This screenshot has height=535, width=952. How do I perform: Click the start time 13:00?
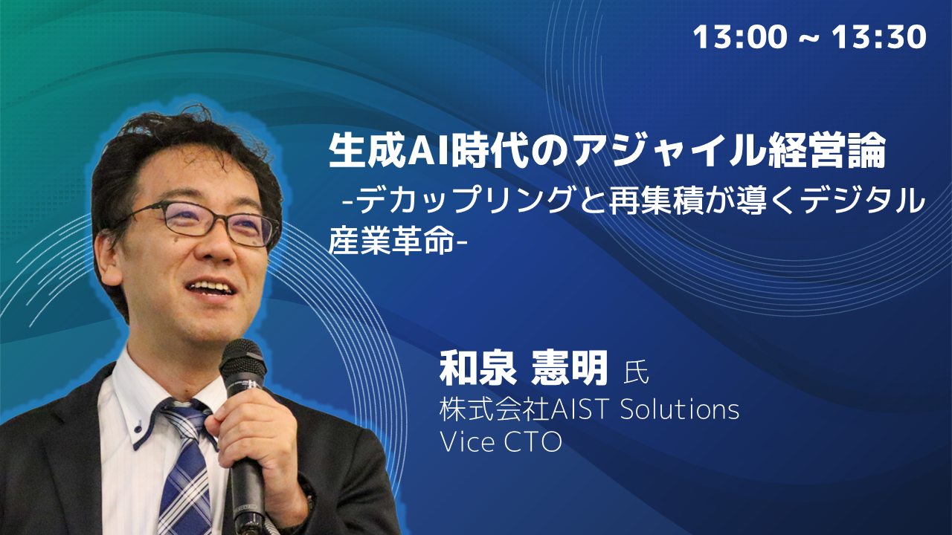[740, 36]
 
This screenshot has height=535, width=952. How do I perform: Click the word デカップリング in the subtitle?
[463, 201]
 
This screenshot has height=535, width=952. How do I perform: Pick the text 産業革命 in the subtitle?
[391, 241]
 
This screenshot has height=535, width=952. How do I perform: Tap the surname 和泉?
[478, 368]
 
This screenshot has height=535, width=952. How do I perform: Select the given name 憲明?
[570, 368]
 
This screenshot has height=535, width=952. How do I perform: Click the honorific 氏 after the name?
[636, 372]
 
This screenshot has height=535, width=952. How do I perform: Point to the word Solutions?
[680, 409]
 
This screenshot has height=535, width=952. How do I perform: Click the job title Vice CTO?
[501, 442]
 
